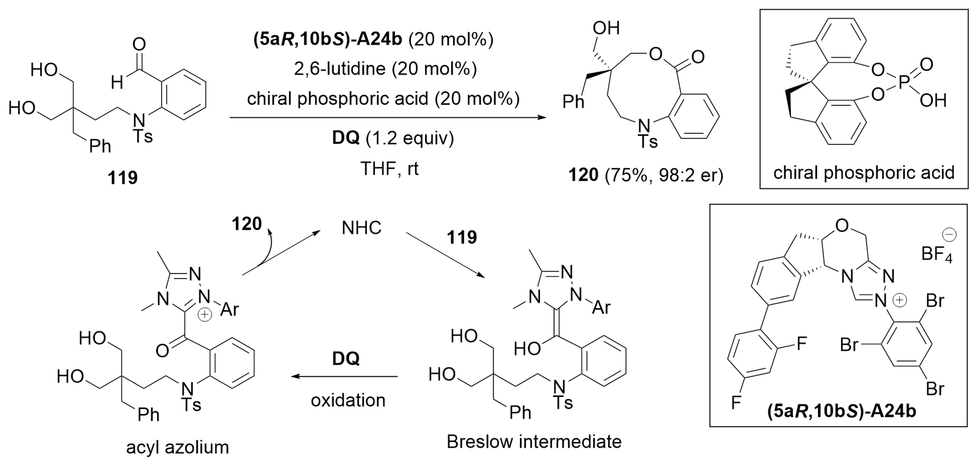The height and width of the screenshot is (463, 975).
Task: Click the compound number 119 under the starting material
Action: tap(122, 177)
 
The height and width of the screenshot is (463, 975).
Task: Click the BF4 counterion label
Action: tap(936, 254)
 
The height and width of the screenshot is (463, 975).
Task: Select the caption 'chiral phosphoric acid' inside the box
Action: tap(864, 173)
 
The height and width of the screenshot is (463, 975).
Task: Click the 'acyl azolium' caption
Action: tap(177, 447)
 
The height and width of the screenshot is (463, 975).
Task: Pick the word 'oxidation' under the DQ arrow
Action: tap(348, 400)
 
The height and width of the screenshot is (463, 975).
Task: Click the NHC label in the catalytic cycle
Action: tap(361, 228)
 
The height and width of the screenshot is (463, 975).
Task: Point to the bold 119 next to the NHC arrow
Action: tap(462, 237)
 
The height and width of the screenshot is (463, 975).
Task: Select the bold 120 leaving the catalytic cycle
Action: tap(246, 224)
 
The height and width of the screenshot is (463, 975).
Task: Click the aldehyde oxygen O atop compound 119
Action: tap(139, 45)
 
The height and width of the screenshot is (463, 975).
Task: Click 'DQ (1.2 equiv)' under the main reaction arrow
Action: tap(393, 138)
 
